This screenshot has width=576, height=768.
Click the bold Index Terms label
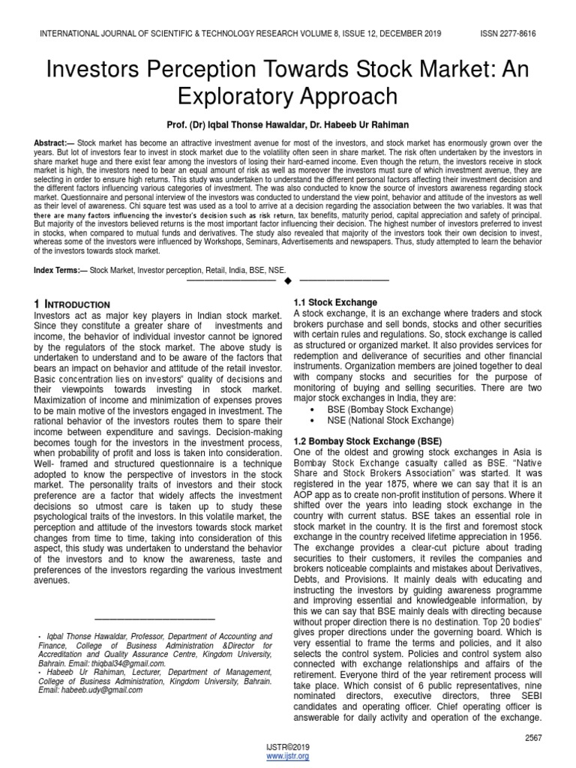click(60, 268)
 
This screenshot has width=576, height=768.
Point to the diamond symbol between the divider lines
click(287, 280)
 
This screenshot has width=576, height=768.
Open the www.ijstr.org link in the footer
click(287, 757)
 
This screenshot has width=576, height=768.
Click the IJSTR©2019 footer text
click(287, 747)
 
